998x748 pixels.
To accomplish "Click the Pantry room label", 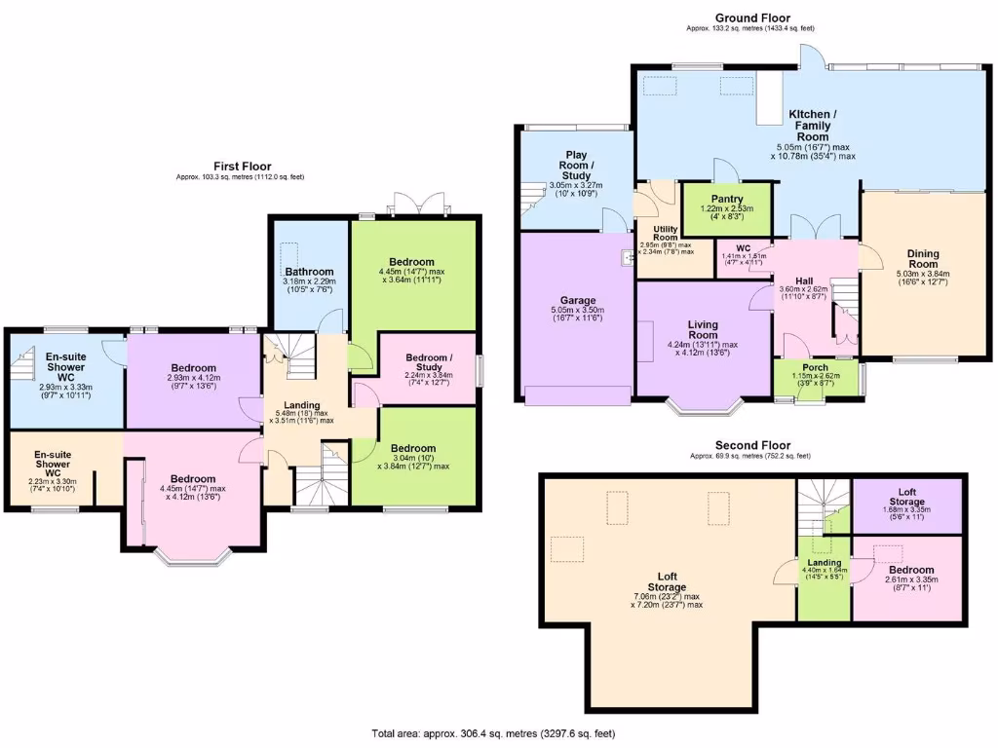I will click(726, 199).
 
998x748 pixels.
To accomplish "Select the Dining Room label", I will click(923, 257).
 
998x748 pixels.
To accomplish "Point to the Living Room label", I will click(689, 329).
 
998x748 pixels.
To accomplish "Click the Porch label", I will click(815, 368).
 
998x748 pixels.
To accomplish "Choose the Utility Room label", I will click(665, 233).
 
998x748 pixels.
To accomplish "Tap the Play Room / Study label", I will click(576, 165).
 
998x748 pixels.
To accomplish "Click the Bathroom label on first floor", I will click(310, 272).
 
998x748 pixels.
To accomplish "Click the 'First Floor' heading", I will click(243, 167).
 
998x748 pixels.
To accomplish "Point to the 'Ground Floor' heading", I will click(752, 18).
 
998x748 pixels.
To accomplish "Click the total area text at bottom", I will click(492, 733).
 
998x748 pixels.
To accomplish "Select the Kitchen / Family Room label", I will click(812, 126).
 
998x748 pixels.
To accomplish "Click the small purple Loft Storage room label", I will click(907, 495).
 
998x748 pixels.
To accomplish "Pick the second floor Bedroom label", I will click(910, 570).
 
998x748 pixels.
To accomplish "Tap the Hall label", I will click(803, 280).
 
